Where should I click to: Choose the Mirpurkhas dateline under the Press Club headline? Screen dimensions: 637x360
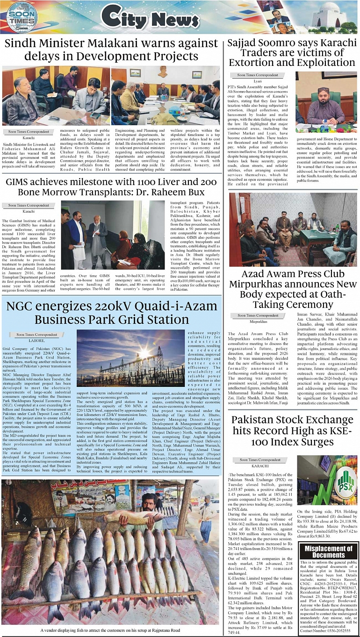point(258,322)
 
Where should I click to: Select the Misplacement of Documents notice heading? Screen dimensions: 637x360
point(328,552)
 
